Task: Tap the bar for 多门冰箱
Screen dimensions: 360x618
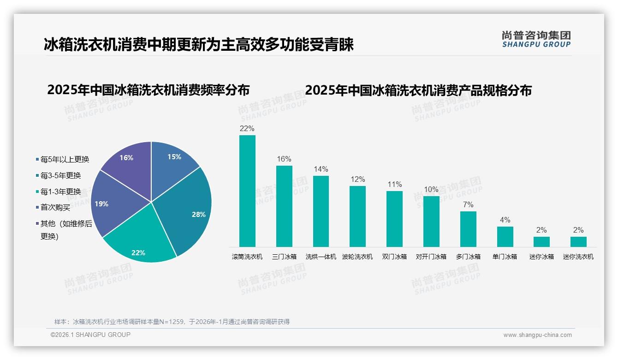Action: click(468, 229)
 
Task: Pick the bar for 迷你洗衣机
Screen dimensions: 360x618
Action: click(578, 242)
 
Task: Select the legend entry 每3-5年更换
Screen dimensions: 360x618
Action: click(60, 175)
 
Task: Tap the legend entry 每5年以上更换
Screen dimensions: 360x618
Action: click(65, 160)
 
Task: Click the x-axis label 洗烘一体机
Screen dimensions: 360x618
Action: click(321, 257)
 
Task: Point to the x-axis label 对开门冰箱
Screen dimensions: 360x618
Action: click(431, 257)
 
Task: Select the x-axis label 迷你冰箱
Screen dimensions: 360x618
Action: click(541, 257)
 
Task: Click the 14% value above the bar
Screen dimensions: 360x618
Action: click(321, 169)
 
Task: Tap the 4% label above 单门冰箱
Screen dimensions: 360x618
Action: click(505, 220)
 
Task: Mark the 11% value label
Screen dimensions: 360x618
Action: click(394, 185)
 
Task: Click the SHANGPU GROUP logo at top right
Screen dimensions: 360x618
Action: click(536, 39)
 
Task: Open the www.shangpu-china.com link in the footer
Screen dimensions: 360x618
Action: click(537, 335)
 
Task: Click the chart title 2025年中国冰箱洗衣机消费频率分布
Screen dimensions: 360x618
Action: click(148, 90)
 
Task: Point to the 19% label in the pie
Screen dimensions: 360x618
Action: click(101, 204)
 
